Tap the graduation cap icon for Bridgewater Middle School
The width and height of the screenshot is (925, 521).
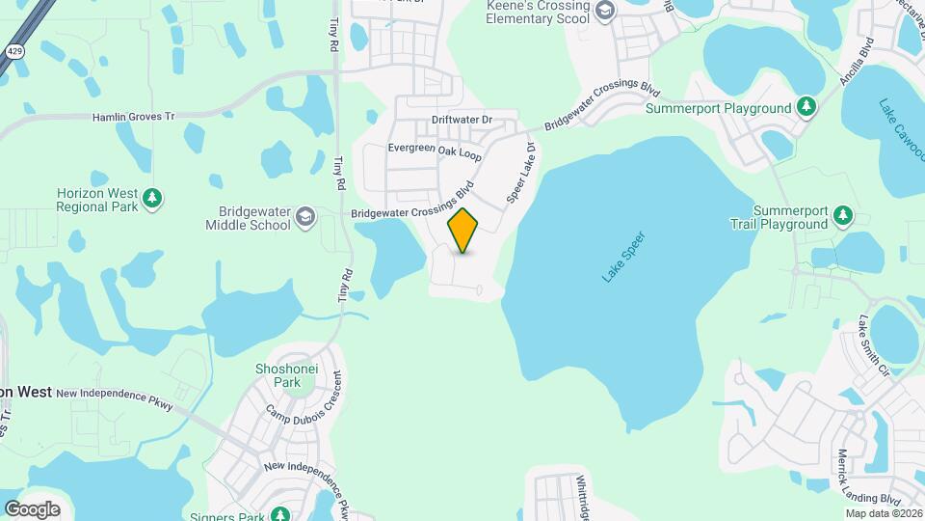pos(305,216)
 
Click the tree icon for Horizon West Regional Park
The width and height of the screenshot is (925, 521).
pos(151,199)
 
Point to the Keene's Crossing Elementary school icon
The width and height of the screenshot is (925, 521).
pos(605,12)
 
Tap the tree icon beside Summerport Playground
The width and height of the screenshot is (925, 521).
pos(806,108)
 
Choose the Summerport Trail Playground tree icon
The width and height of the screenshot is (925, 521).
pos(843,216)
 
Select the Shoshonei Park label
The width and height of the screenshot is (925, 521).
pos(278,375)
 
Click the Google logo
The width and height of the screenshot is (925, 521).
pos(32,508)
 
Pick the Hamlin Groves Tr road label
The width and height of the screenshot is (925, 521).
pos(133,117)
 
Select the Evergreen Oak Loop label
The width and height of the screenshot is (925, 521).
pos(434,151)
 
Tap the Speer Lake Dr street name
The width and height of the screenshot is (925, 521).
pos(520,174)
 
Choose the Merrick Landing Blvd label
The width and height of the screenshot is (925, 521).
pos(867,478)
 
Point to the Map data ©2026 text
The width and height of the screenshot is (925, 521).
pos(883,513)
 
